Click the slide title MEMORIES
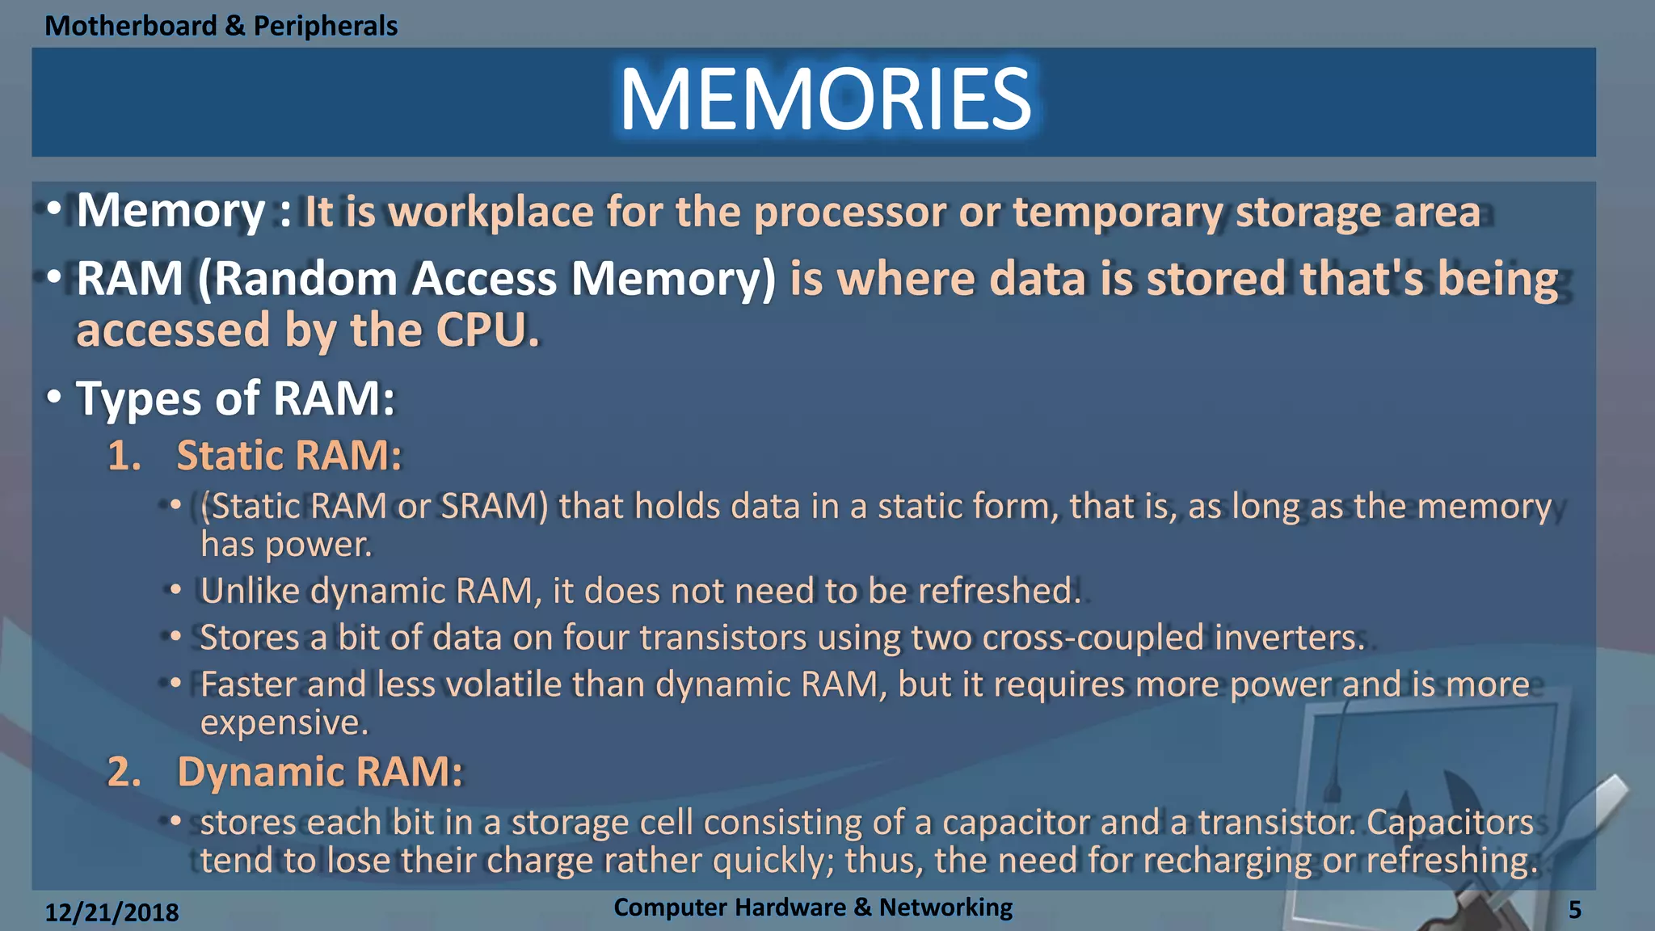coord(825,100)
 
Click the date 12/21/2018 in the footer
coord(112,912)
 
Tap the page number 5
coord(1574,911)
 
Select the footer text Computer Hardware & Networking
coord(812,908)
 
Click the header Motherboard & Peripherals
coord(221,26)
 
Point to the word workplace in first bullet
coord(491,213)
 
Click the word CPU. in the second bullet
coord(486,331)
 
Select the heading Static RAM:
coord(288,456)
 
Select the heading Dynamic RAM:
coord(320,772)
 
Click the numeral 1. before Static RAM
coord(124,456)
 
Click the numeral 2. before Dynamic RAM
coord(124,772)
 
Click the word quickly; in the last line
coord(773,861)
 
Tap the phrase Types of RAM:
coord(235,399)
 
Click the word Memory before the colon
coord(171,213)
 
